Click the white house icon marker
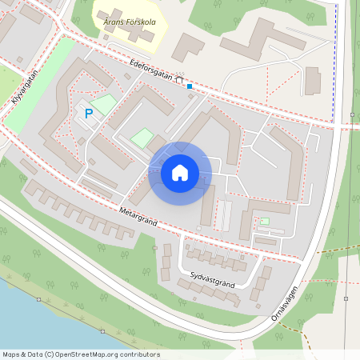pos(180,173)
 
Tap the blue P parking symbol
pos(89,114)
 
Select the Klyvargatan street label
pos(26,90)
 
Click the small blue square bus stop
pos(190,86)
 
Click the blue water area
pos(32,320)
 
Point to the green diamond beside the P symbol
pos(105,104)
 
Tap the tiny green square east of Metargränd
pos(265,221)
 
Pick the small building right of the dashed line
pos(313,81)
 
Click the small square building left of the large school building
pos(188,46)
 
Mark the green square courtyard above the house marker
pos(142,138)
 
